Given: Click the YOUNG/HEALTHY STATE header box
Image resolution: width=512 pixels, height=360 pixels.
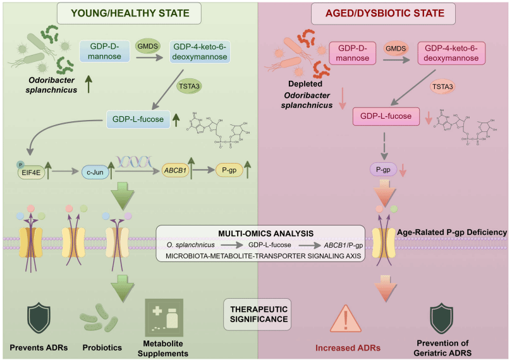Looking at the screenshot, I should coord(128,12).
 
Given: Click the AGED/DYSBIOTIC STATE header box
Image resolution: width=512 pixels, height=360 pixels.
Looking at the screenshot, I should coord(384,13).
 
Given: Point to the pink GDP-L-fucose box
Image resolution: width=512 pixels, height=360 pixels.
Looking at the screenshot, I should coord(386,116).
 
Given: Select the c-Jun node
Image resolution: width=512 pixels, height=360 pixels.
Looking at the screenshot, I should coord(97,171).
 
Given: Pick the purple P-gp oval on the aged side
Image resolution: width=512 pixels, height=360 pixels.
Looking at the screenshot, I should coord(382,169).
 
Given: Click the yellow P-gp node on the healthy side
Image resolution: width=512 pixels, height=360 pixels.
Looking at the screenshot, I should coord(230,170).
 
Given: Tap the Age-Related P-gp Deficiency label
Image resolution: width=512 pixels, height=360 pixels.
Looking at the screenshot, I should coord(453,232).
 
